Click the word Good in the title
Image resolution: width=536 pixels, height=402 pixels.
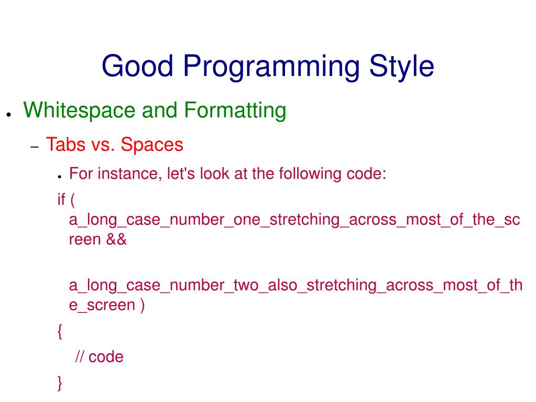138,66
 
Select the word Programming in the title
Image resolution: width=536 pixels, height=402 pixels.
271,67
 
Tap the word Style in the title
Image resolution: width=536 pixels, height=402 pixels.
402,67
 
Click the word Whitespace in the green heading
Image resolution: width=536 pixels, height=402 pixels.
79,111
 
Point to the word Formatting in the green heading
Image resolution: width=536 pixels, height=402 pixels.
235,111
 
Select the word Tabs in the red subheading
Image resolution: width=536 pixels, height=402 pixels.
65,144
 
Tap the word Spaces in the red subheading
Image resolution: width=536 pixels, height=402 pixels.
152,145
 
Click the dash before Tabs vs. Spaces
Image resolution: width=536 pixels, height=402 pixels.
35,147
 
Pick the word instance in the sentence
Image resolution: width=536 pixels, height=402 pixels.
130,173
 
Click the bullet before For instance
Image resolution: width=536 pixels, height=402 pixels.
60,177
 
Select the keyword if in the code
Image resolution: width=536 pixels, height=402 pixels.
61,199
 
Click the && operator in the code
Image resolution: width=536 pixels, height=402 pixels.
116,240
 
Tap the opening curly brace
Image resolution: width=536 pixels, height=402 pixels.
60,331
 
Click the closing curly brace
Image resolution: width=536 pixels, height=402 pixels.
60,383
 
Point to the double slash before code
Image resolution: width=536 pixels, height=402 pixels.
80,356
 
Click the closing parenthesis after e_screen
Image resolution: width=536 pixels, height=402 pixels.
142,305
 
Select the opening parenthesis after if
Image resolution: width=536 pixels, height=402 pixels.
72,200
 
